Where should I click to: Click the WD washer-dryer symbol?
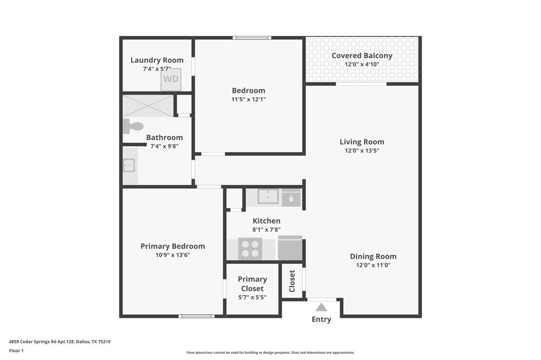point(171,79)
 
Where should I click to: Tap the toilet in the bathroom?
point(134,126)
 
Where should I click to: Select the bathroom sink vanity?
point(129,166)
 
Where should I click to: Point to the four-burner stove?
point(250,249)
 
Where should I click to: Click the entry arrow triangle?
point(321,307)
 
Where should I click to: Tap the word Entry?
point(321,319)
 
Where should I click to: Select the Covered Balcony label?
point(362,55)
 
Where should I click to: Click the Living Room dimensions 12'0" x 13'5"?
point(362,150)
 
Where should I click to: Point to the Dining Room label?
point(373,257)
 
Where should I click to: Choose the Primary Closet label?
point(252,284)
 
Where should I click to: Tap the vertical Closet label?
point(292,281)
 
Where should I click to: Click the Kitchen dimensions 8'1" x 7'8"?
point(266,230)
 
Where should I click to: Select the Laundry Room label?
point(157,60)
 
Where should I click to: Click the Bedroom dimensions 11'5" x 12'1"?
point(248,99)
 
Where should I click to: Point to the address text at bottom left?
point(60,342)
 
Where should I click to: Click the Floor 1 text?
point(16,350)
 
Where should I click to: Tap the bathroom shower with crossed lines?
point(148,106)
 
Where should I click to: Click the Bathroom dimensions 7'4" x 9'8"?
point(164,146)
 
